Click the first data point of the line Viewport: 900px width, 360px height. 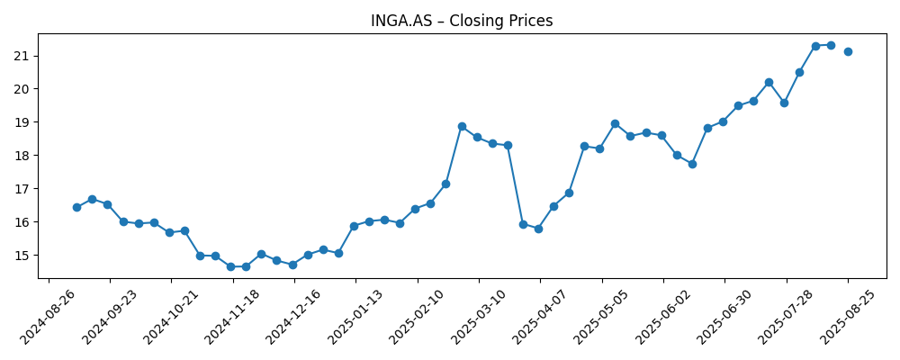(76, 207)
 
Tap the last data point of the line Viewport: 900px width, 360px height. (848, 51)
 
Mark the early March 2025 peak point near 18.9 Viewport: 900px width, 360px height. (462, 126)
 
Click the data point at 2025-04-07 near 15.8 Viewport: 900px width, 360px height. (538, 229)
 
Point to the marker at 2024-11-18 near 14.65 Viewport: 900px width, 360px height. (230, 266)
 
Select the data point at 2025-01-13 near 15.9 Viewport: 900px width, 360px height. (354, 226)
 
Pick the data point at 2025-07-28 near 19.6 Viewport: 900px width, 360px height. (784, 103)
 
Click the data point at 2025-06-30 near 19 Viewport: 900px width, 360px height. (723, 121)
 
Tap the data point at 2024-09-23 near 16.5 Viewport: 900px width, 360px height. (107, 204)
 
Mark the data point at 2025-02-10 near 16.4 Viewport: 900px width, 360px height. (415, 209)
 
